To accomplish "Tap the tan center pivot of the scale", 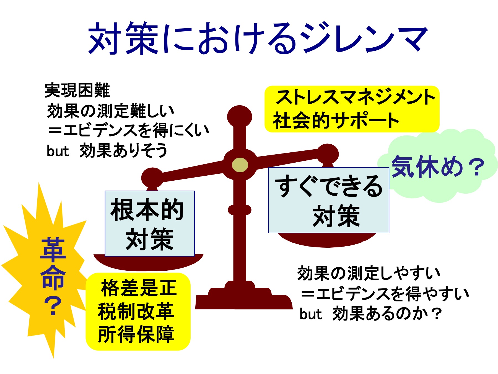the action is (240, 165).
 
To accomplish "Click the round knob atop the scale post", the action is (240, 116).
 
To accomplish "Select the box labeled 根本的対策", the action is (150, 224).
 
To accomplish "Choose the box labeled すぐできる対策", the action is (329, 200).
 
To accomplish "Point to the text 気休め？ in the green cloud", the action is (438, 167).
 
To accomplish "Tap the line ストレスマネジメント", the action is (356, 97).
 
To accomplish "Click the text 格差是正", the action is (139, 288).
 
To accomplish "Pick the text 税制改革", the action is (136, 311).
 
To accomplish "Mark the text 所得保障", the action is (136, 334).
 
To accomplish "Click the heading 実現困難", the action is (77, 90).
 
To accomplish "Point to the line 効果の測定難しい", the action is (111, 111).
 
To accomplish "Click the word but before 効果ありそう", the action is (58, 151).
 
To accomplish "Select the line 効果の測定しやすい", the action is (369, 273).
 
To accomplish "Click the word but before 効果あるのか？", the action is (310, 314).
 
